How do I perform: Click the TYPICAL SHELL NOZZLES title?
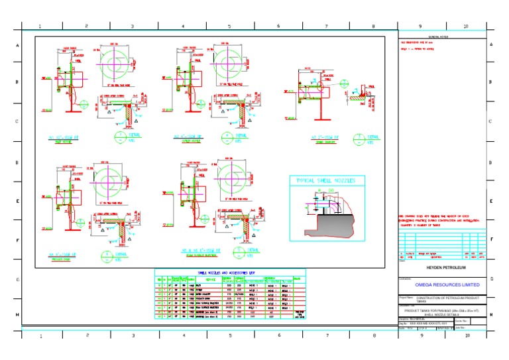coord(326,181)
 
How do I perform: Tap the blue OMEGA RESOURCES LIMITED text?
coord(447,284)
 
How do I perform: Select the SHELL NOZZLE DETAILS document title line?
coord(441,315)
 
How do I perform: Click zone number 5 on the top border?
coord(229,27)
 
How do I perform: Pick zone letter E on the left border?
coord(17,202)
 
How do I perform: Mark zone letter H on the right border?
coord(491,314)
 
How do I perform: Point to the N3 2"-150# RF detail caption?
coord(325,138)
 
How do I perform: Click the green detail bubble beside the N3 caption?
coord(359,139)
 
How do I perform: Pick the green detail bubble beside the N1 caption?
coord(119,138)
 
